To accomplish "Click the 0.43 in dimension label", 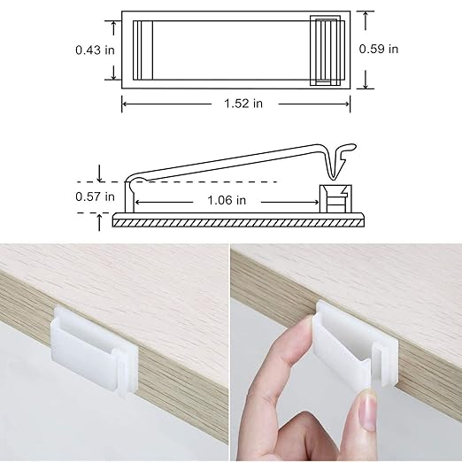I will [x=95, y=50].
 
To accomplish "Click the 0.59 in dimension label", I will [x=379, y=50].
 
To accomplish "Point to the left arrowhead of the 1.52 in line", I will [x=125, y=104].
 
